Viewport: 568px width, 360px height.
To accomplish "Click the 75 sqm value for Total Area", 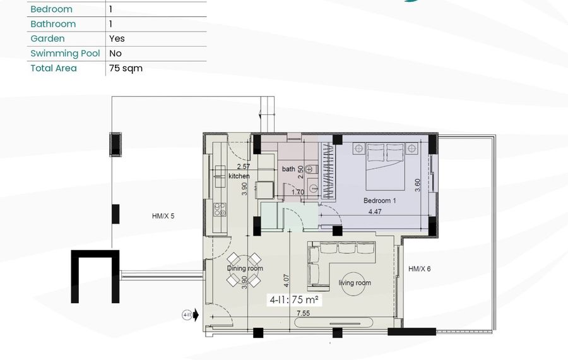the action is coord(126,68).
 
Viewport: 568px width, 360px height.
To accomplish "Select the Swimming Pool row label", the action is coord(65,53).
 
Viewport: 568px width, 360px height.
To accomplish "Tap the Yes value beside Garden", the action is coord(117,39).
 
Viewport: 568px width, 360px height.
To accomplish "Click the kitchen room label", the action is coord(239,176).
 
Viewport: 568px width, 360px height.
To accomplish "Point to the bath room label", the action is coord(288,169).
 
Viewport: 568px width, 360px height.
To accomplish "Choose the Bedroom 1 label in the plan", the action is coord(380,200).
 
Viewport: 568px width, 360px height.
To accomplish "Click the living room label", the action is coord(355,283).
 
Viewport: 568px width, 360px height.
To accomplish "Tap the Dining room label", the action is coord(245,268).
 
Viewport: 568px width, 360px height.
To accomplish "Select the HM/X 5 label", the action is coord(163,216).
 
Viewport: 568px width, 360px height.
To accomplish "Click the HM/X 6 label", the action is coord(420,269).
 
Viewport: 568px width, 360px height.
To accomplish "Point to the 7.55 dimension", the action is coord(303,313).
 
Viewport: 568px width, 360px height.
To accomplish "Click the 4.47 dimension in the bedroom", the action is coord(375,212).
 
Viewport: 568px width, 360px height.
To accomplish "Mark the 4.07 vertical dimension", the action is coord(286,281).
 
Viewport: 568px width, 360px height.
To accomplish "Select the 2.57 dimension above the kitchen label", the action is coord(244,166).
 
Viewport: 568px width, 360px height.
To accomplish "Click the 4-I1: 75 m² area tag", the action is coord(294,300).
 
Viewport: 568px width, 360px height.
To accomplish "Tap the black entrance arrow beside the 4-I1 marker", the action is coord(196,315).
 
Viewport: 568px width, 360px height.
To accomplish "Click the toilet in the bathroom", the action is coord(311,169).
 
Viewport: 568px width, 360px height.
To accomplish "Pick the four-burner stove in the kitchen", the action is coord(220,210).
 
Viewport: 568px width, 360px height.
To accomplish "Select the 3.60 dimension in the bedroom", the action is coord(417,185).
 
